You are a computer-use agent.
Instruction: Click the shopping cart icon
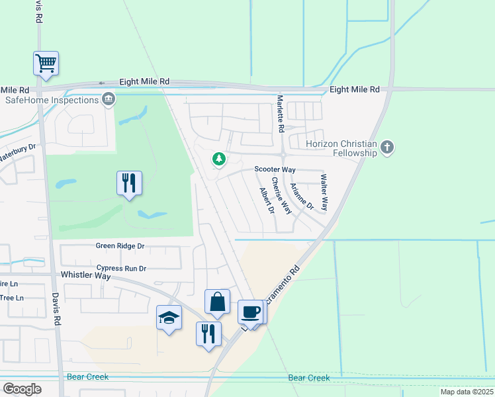click(x=46, y=64)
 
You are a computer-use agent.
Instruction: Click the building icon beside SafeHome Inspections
click(x=109, y=100)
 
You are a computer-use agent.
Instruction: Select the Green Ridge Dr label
click(x=120, y=245)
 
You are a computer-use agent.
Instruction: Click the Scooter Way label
click(x=275, y=169)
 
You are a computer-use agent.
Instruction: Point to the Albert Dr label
click(x=267, y=201)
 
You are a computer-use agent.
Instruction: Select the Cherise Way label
click(x=281, y=196)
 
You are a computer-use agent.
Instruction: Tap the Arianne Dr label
click(x=302, y=197)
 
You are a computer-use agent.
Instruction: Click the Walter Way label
click(x=324, y=193)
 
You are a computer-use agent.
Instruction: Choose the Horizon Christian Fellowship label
click(x=341, y=149)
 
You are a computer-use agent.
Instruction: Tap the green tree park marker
click(x=218, y=159)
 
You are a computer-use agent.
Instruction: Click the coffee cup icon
click(x=250, y=311)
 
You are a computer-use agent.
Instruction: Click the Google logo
click(x=22, y=388)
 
